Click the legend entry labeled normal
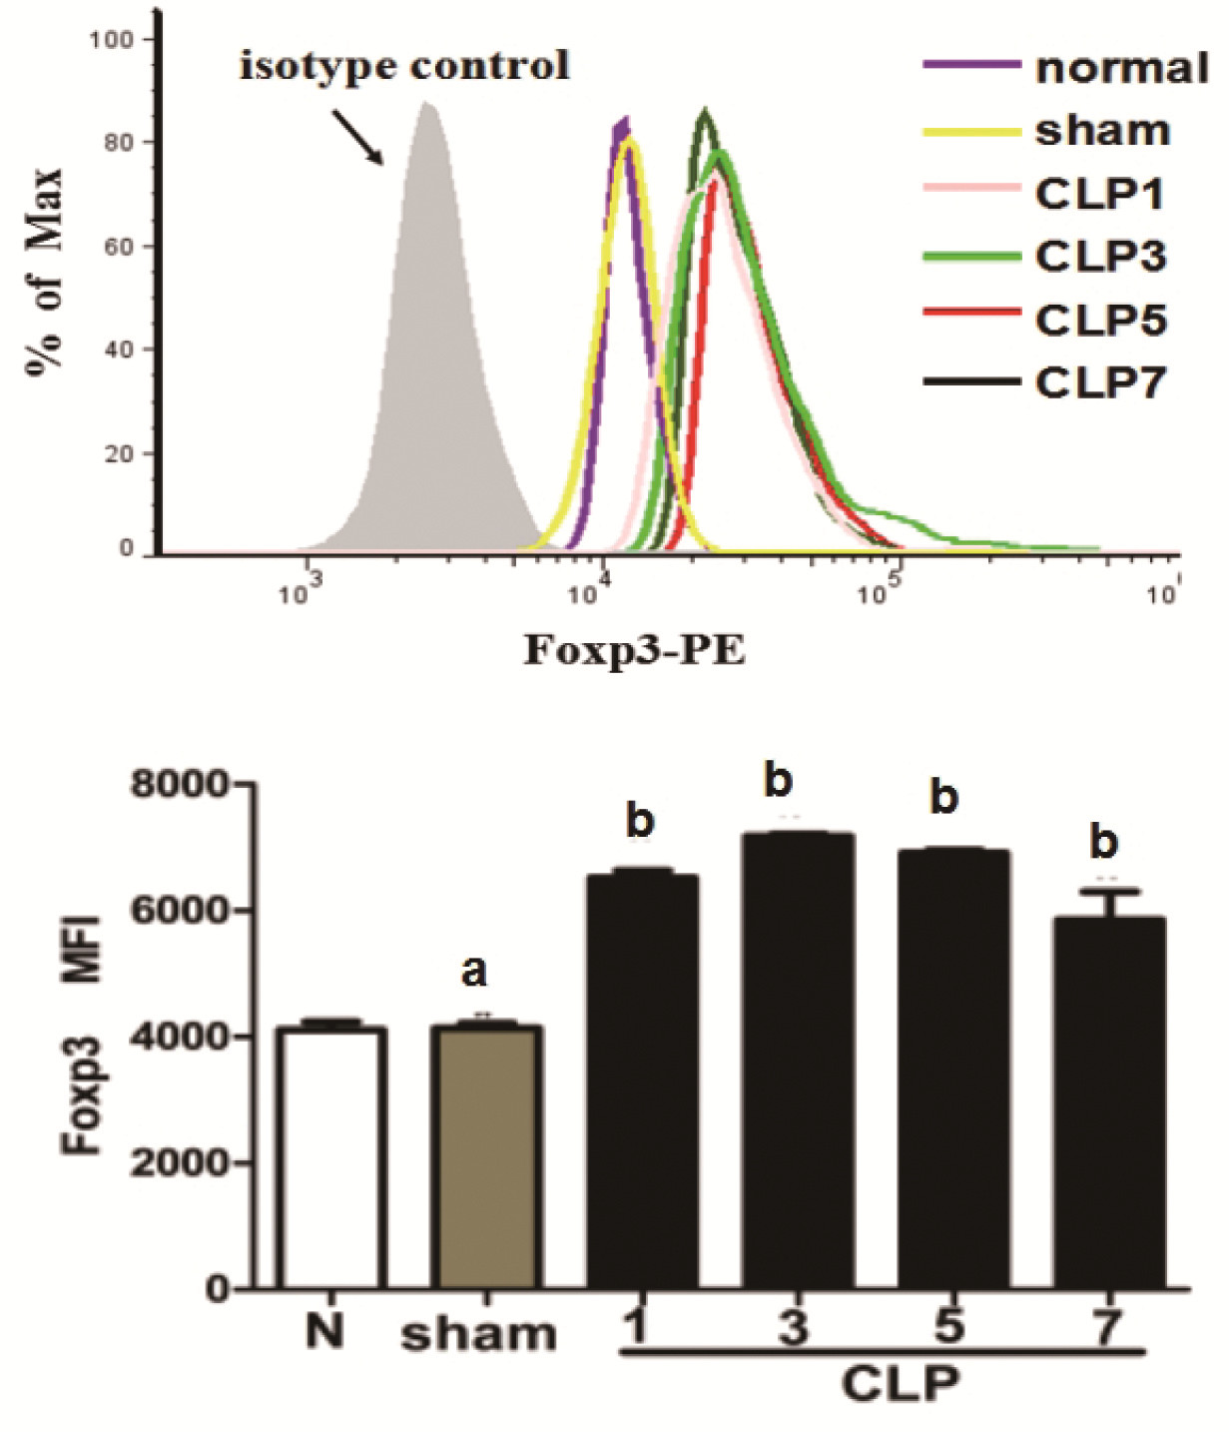[1064, 68]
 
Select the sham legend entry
[1046, 131]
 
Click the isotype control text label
[404, 66]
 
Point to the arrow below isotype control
[356, 136]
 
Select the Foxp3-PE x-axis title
[635, 651]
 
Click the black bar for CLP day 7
[1108, 1098]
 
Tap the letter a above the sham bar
[475, 971]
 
